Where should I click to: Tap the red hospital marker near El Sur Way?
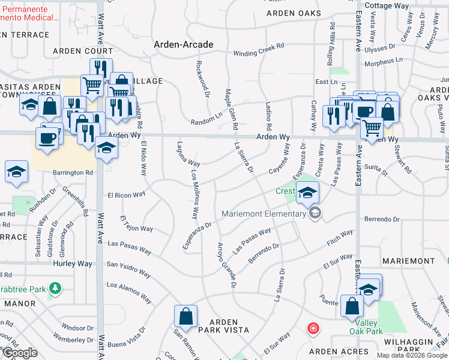click(x=313, y=328)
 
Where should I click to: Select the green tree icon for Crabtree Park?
click(x=55, y=289)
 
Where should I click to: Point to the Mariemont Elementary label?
click(x=264, y=214)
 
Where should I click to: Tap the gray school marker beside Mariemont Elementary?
click(x=315, y=213)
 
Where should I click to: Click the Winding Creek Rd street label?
click(x=258, y=50)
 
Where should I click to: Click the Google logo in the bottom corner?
click(x=19, y=353)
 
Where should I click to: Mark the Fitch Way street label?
click(x=339, y=238)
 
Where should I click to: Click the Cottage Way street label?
click(x=387, y=5)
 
